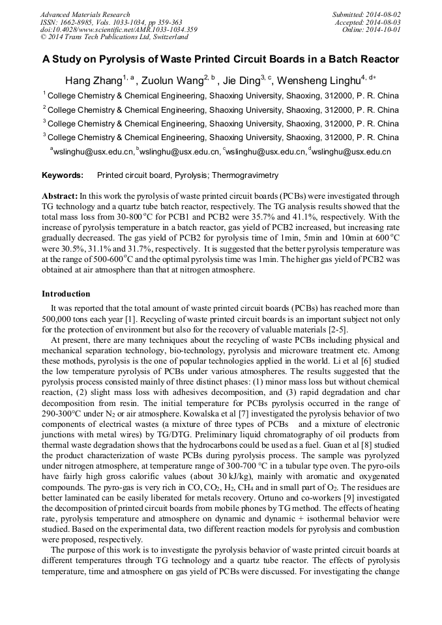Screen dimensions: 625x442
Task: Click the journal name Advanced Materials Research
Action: click(85, 14)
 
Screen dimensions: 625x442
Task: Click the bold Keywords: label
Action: click(63, 175)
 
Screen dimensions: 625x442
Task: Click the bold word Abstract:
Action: click(59, 196)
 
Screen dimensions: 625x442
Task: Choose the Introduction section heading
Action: click(66, 294)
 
